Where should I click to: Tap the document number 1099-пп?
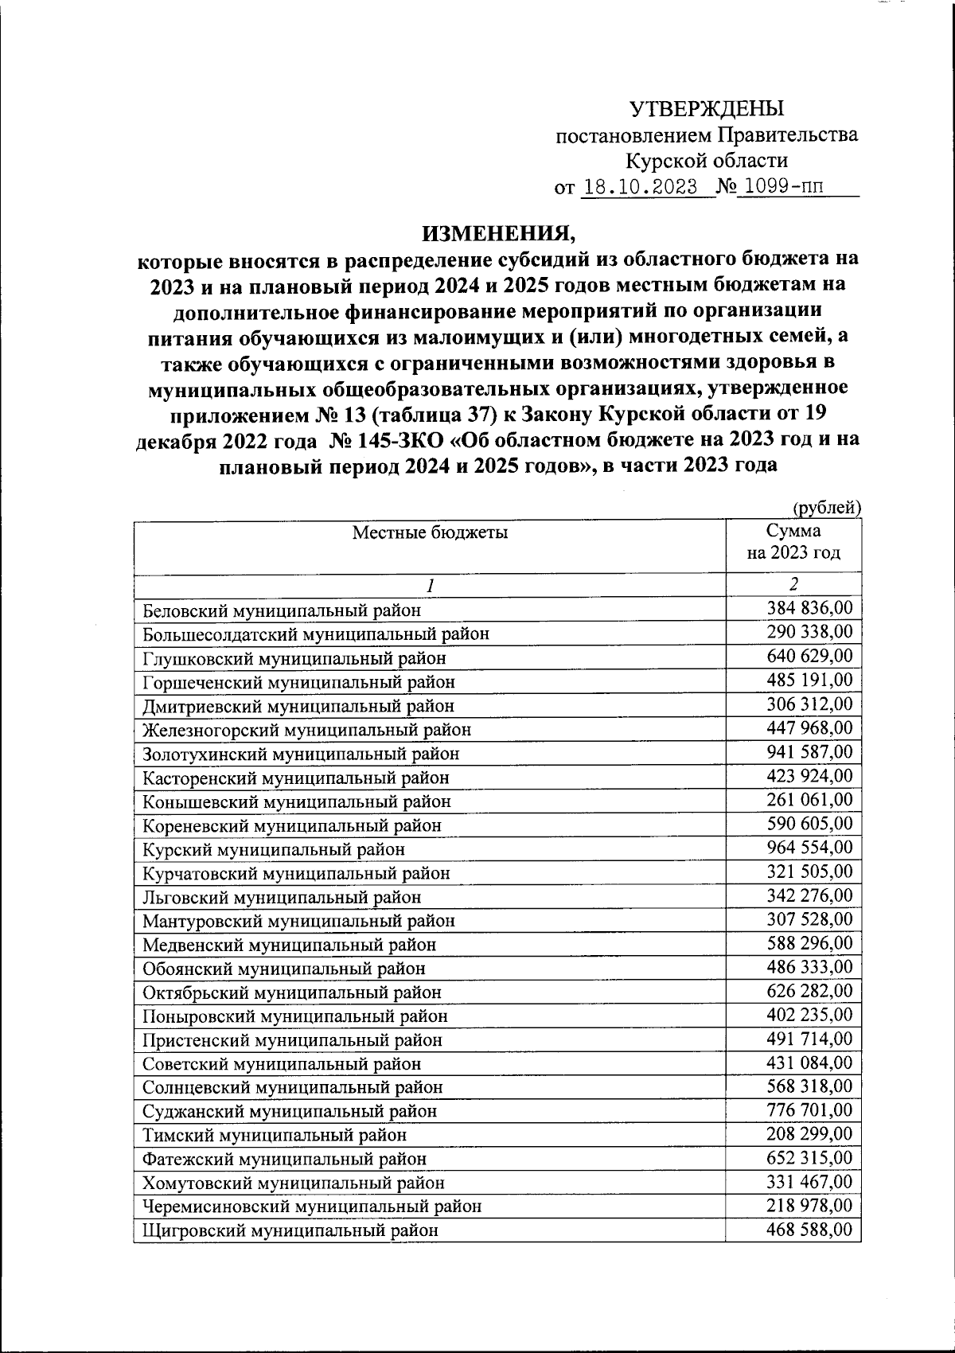(x=780, y=188)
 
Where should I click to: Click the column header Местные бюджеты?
(x=430, y=532)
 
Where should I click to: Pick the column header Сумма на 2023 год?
(x=793, y=542)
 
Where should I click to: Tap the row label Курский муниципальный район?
(x=274, y=849)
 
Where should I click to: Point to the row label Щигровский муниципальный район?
(x=290, y=1230)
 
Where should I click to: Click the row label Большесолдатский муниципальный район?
(x=316, y=634)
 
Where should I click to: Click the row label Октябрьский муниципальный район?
(x=292, y=992)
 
